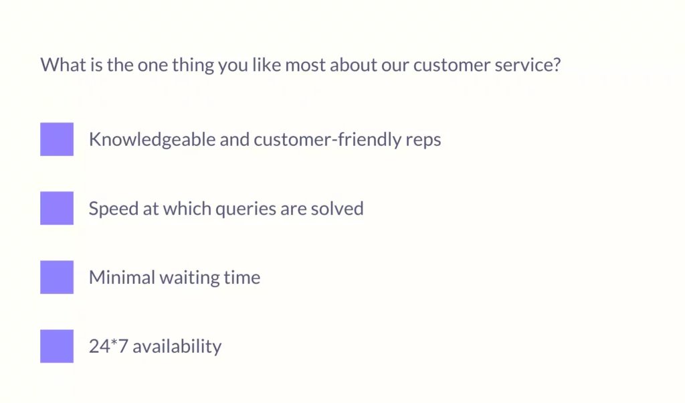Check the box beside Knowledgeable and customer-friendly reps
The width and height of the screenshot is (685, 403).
[x=57, y=139]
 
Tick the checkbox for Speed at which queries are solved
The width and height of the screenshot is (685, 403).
[x=57, y=208]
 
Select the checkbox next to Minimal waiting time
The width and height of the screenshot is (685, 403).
[x=57, y=277]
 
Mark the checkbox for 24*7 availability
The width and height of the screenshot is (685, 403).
[x=57, y=346]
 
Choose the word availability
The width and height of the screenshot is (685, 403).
[x=177, y=347]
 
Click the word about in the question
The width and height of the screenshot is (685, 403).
[x=353, y=65]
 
